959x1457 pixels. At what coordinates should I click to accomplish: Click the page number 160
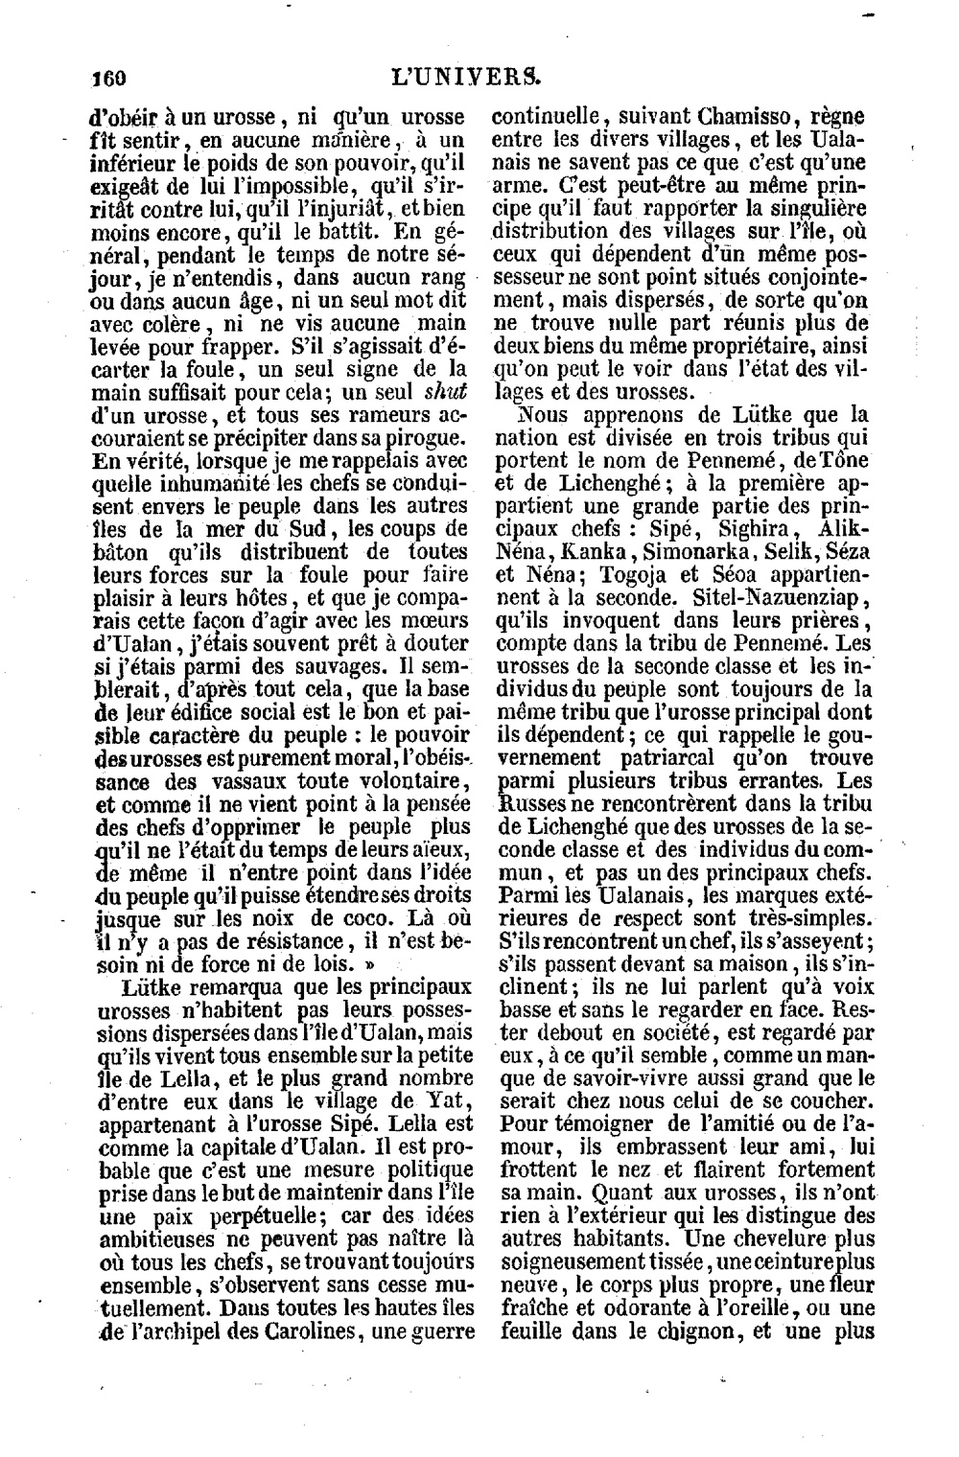[x=107, y=77]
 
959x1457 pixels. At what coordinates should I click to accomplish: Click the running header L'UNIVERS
[x=476, y=76]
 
